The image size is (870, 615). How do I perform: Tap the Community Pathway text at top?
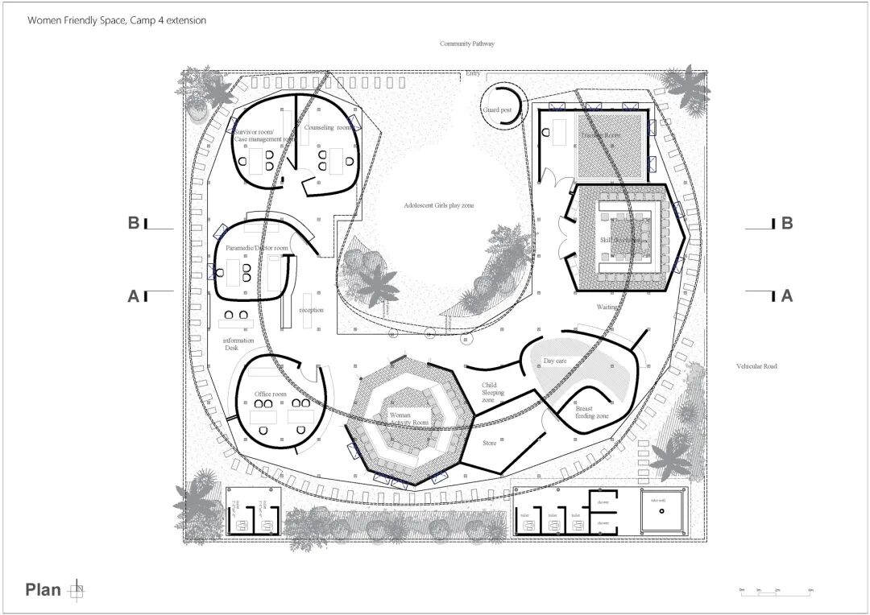click(466, 43)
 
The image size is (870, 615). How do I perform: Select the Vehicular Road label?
click(756, 366)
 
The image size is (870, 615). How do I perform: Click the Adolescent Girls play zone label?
click(439, 206)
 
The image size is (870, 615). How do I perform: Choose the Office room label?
click(271, 394)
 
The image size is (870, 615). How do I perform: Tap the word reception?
click(311, 310)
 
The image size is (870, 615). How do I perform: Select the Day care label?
click(555, 361)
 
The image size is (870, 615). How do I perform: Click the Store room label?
click(490, 442)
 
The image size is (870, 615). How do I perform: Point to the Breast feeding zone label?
click(591, 412)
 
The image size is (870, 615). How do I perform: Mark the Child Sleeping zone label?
click(493, 393)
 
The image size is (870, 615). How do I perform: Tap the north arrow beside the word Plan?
click(77, 590)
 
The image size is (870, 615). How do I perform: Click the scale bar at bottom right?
click(776, 592)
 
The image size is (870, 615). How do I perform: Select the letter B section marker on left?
click(134, 223)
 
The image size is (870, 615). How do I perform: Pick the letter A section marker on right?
click(786, 295)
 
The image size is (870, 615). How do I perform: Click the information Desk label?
click(238, 345)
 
